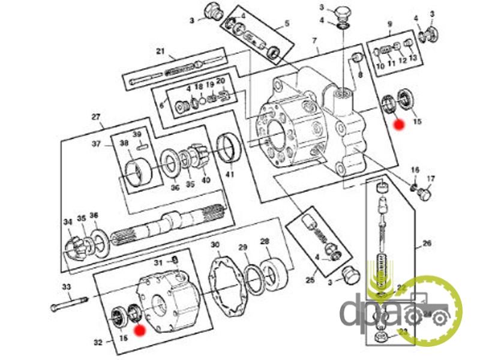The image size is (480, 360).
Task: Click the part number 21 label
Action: click(160, 52)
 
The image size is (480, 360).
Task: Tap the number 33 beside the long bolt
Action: click(67, 287)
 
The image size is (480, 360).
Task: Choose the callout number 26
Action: click(427, 244)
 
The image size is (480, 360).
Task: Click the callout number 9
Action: click(389, 25)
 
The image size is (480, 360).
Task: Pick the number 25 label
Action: click(310, 280)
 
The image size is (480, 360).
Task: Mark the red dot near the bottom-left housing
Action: click(139, 329)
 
